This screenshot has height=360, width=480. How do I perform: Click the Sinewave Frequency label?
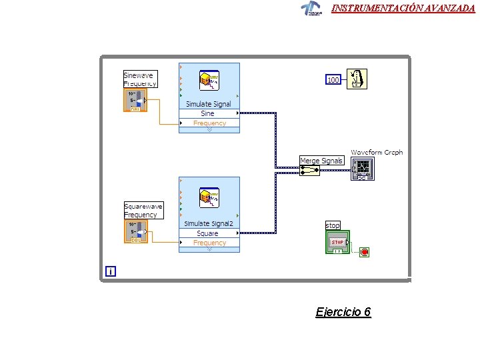(140, 79)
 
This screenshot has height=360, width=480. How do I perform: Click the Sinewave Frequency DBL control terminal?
(134, 101)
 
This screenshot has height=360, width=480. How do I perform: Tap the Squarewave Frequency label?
(143, 211)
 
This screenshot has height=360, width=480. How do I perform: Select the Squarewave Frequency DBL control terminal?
(134, 232)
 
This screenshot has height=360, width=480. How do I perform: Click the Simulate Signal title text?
(208, 104)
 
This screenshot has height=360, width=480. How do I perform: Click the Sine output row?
(208, 113)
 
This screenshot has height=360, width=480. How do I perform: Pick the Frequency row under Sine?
(209, 123)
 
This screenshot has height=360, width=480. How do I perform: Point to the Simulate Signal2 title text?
(209, 224)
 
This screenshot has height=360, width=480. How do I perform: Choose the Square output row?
(208, 233)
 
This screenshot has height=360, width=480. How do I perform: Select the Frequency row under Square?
(209, 243)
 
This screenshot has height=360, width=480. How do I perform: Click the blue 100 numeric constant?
(333, 80)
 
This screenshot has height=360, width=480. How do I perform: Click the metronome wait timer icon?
(357, 79)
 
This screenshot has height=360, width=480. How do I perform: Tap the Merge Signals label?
(321, 161)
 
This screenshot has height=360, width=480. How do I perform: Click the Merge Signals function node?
(309, 171)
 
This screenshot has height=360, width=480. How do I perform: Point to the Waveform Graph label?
(377, 153)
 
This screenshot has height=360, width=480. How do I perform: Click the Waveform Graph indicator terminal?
(363, 169)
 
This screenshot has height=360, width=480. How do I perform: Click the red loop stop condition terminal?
(364, 252)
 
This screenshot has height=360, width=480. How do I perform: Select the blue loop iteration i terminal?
(110, 271)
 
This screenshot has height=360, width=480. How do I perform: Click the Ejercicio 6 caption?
(343, 312)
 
